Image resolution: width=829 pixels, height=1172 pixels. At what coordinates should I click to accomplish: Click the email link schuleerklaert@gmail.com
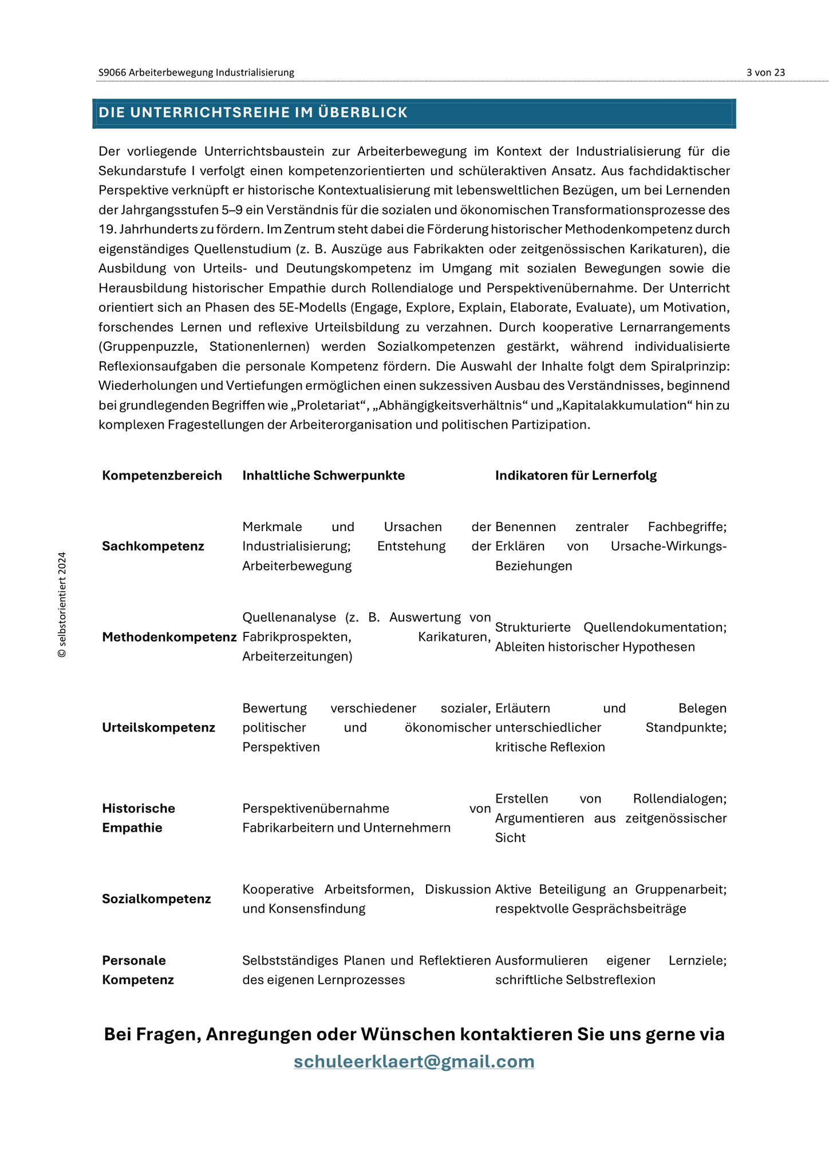(x=414, y=1061)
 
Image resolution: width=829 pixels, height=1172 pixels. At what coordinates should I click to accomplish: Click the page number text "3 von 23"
(x=765, y=73)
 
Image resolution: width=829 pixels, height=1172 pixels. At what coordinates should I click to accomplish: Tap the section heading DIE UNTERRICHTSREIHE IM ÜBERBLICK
(x=253, y=113)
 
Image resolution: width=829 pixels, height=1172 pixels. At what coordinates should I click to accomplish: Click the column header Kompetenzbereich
(x=162, y=476)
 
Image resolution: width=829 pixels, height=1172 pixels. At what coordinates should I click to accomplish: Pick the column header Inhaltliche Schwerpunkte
(x=323, y=476)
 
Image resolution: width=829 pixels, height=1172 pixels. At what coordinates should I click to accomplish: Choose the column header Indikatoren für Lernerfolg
(x=575, y=476)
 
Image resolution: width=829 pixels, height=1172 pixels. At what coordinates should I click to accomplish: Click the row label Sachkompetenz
(x=153, y=546)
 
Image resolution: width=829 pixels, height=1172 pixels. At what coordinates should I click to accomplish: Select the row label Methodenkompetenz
(x=169, y=637)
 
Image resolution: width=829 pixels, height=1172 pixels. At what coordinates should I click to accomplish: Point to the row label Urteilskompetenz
(x=159, y=727)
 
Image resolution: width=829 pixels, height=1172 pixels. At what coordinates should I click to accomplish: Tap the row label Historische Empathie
(x=139, y=818)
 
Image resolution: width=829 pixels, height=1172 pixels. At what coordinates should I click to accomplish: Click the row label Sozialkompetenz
(x=156, y=898)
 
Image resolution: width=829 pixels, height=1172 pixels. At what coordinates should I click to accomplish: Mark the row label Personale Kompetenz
(x=137, y=970)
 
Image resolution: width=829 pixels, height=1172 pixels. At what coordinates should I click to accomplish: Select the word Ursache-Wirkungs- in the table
(x=668, y=546)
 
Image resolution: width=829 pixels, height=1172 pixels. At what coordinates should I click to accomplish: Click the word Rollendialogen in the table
(x=680, y=798)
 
